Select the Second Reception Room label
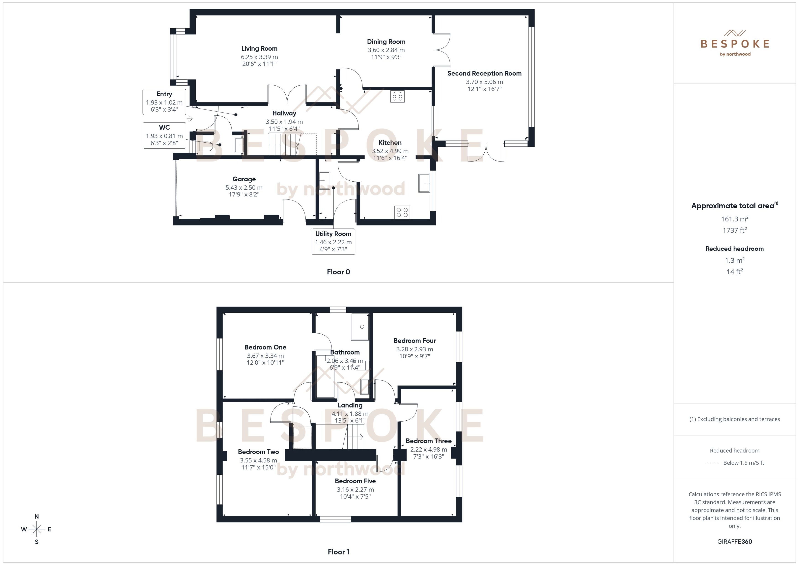click(x=484, y=73)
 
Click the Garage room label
click(x=244, y=179)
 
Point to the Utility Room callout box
click(x=333, y=242)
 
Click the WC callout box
click(x=164, y=135)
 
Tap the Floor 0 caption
click(x=338, y=272)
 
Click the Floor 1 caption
click(x=338, y=552)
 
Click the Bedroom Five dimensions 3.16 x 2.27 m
click(x=355, y=489)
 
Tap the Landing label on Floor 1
click(x=350, y=405)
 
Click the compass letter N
click(x=37, y=517)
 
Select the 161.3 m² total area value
click(x=735, y=219)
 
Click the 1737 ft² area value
click(x=735, y=230)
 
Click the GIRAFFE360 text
click(x=735, y=542)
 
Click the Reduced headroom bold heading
click(x=735, y=249)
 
